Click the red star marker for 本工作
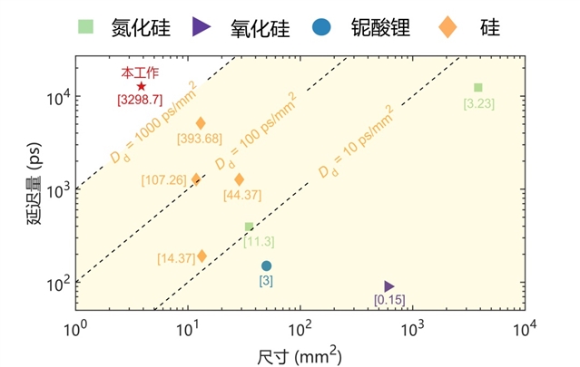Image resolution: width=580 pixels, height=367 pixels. coord(142,86)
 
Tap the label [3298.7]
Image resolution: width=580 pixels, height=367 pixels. coord(141,100)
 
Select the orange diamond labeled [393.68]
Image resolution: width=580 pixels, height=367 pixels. coord(201,123)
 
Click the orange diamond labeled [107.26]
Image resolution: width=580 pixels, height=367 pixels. coord(196,179)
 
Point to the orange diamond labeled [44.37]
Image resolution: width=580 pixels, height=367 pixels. coord(239,179)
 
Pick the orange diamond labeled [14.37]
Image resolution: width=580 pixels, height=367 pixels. coord(202,256)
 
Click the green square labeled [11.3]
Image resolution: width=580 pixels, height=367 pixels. coord(249,227)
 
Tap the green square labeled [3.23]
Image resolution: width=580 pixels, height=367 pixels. coord(478,88)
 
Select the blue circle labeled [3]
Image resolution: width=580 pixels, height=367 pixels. coord(266,266)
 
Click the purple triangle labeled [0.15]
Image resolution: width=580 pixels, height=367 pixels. coord(389,286)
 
